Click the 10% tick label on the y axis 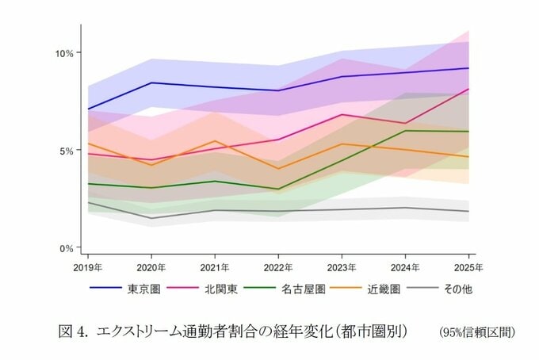pos(64,53)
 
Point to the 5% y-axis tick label pos(67,151)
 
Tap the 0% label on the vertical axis pos(67,248)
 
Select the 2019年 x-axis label pos(88,266)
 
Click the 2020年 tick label pos(151,266)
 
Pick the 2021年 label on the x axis pos(215,266)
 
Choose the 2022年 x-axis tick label pos(278,266)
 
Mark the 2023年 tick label pos(342,266)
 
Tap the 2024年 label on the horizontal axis pos(405,266)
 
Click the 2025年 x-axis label pos(468,266)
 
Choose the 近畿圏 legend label pos(384,289)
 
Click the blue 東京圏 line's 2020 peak pos(151,82)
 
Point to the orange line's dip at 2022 pos(278,169)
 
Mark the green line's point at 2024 pos(405,131)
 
